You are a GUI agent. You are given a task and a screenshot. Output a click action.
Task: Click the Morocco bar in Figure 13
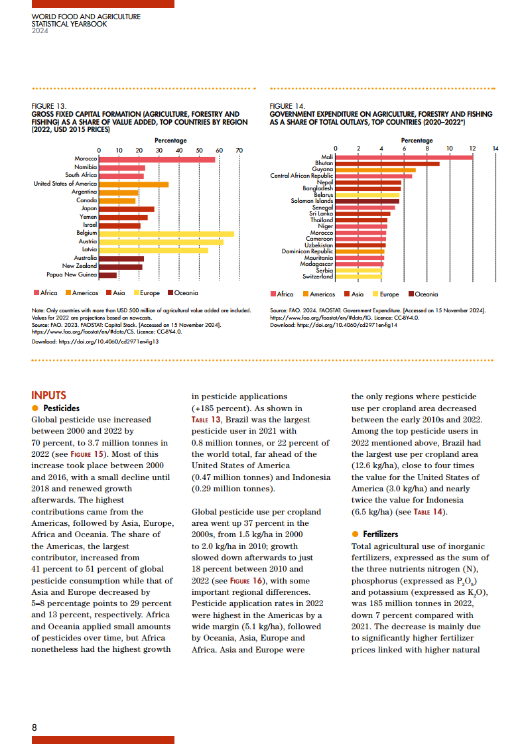157,159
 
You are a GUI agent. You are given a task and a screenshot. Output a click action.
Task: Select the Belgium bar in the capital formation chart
166,233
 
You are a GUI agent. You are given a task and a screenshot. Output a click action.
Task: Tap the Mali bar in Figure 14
404,157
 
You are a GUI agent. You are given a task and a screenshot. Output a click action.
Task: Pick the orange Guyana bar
375,170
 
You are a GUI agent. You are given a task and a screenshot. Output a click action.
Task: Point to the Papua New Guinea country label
72,275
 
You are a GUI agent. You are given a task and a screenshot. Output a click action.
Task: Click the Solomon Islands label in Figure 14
312,201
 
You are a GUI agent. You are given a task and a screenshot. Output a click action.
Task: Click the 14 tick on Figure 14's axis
495,148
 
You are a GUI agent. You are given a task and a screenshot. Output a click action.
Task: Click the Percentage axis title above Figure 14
417,141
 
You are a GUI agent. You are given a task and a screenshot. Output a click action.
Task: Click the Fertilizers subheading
381,534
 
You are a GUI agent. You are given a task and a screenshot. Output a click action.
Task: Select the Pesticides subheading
61,408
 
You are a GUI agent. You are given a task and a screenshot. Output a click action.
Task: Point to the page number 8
34,727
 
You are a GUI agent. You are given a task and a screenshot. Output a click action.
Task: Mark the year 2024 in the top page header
40,31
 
